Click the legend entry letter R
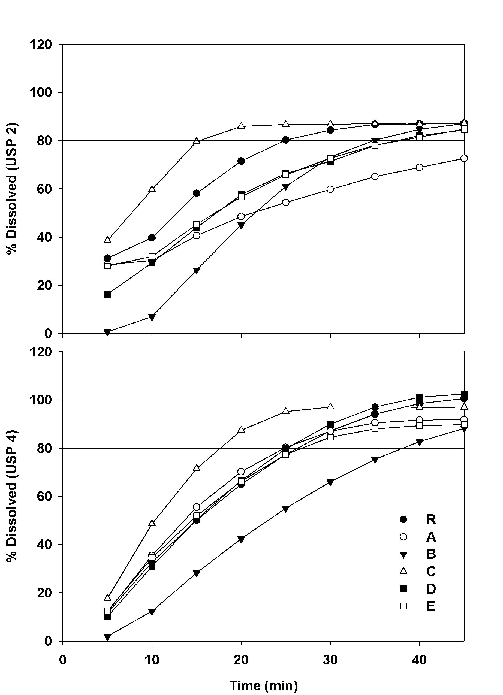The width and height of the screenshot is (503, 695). tap(431, 519)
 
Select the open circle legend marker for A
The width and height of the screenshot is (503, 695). tap(404, 537)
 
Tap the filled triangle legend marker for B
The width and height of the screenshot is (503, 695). tap(404, 554)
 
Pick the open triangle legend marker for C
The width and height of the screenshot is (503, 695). tap(404, 571)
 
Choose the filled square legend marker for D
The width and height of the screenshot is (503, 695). tap(404, 588)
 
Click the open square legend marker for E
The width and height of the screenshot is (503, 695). tap(404, 606)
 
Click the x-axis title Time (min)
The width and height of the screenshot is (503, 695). tap(264, 685)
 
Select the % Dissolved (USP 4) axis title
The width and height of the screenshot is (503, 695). tap(13, 496)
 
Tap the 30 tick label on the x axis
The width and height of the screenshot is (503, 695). tap(330, 659)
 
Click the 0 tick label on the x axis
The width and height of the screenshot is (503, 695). tap(63, 659)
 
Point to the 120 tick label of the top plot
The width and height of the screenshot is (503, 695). tap(40, 45)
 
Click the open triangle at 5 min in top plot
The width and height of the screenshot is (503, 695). tap(107, 240)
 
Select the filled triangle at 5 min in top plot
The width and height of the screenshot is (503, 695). tap(107, 332)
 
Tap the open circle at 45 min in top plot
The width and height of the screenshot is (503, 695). tap(464, 158)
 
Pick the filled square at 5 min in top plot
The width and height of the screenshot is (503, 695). tap(107, 294)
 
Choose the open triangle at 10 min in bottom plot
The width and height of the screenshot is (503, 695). tap(152, 523)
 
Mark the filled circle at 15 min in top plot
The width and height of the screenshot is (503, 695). tap(197, 193)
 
